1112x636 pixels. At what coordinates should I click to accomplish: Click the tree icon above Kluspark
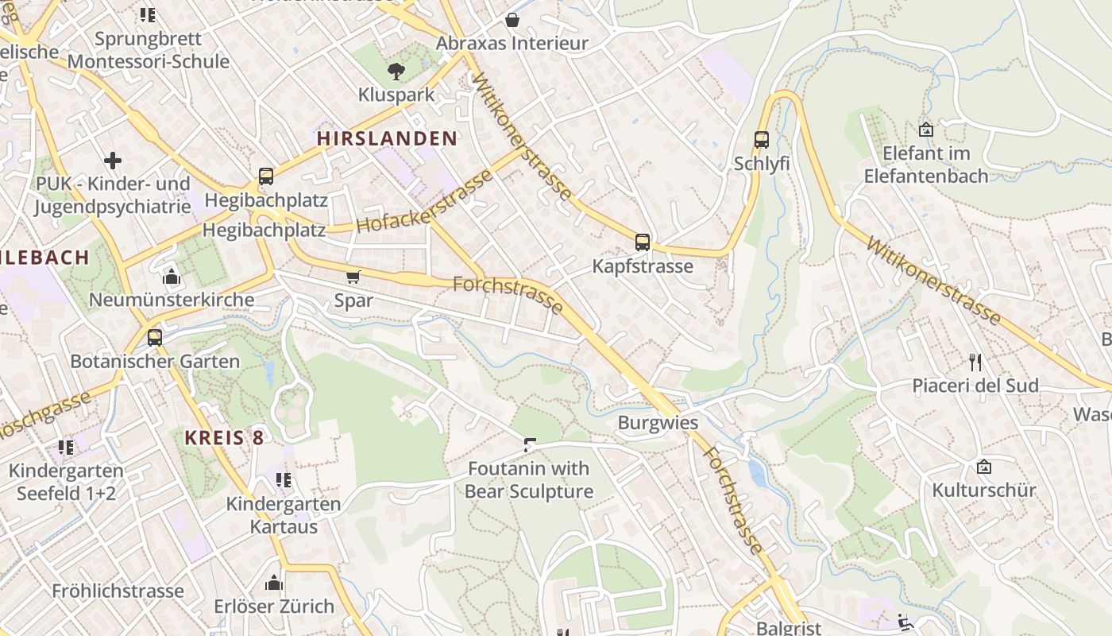pos(396,72)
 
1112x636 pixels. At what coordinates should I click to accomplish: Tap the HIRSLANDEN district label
pos(387,138)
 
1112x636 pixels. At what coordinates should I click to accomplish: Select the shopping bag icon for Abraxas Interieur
pos(512,20)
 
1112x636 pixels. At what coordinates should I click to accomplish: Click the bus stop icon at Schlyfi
pos(762,140)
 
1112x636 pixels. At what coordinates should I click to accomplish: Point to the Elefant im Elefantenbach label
pos(926,165)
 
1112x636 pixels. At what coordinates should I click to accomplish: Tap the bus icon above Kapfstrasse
pos(643,242)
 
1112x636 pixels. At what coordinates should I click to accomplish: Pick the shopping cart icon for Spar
pos(353,277)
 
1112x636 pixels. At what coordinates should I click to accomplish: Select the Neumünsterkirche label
pos(172,300)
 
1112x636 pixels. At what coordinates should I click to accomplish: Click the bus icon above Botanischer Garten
pos(155,337)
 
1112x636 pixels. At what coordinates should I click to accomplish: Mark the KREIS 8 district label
pos(224,437)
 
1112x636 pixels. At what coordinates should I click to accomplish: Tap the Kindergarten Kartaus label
pos(284,515)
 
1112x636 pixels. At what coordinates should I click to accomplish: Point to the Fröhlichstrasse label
pos(118,591)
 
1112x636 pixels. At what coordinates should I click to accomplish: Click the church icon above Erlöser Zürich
pos(274,583)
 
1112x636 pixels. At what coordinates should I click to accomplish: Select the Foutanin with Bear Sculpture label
pos(529,480)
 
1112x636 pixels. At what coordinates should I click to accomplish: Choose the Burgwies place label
pos(658,422)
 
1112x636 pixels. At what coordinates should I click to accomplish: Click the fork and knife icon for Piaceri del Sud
pos(975,363)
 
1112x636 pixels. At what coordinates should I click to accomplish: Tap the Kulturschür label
pos(984,490)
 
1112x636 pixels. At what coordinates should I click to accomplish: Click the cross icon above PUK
pos(113,161)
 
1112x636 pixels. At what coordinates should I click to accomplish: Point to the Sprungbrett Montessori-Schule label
pos(149,50)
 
